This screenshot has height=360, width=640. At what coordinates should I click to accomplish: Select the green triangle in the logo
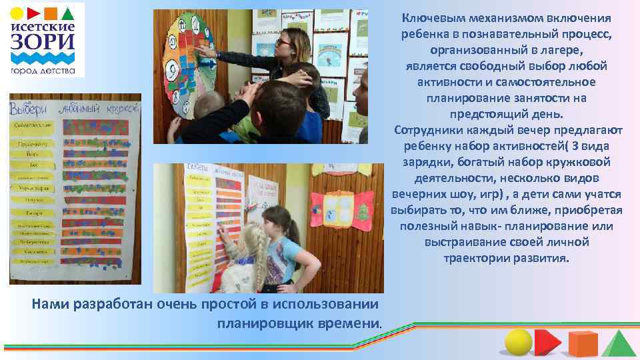point(69,13)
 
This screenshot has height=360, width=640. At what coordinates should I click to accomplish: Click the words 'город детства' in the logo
point(42,70)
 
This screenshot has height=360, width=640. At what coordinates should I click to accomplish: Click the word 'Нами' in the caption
point(49,305)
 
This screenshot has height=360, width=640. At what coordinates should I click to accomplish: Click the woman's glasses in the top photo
point(281,41)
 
